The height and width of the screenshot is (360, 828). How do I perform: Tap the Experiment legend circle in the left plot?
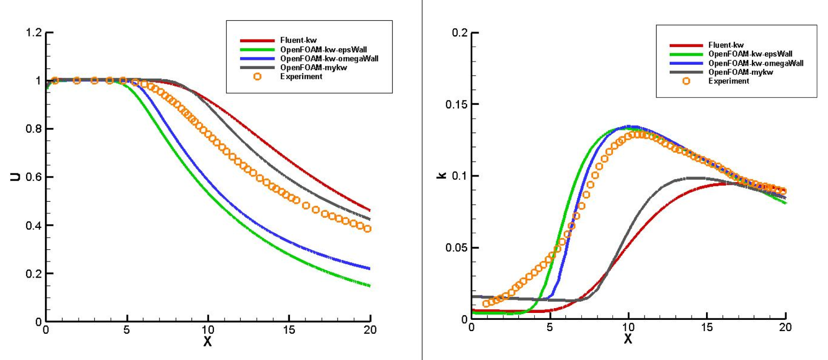click(x=257, y=76)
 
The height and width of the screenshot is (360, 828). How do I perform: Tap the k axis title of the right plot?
click(x=442, y=175)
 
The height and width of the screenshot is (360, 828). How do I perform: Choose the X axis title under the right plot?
click(x=628, y=339)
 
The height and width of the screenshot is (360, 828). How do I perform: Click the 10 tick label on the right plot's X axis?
click(x=628, y=327)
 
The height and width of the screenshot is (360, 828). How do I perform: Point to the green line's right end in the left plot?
click(x=370, y=286)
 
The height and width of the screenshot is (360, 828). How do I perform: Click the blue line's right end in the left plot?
click(x=370, y=269)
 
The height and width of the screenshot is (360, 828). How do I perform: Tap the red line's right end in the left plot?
click(x=370, y=210)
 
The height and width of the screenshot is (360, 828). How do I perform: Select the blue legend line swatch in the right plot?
click(x=686, y=63)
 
